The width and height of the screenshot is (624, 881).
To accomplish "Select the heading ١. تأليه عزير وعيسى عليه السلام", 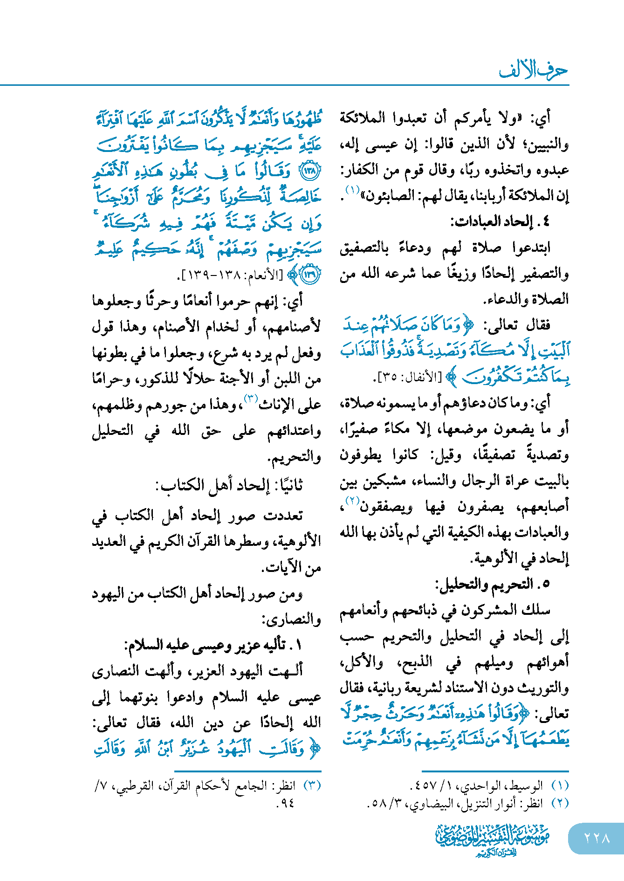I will click(214, 645).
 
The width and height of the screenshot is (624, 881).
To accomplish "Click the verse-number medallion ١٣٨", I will click(310, 171).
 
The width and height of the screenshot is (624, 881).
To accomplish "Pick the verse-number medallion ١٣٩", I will click(310, 275).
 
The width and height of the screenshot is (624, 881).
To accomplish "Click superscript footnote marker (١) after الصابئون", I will click(352, 190).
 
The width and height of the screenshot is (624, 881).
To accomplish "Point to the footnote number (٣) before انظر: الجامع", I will click(312, 786).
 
